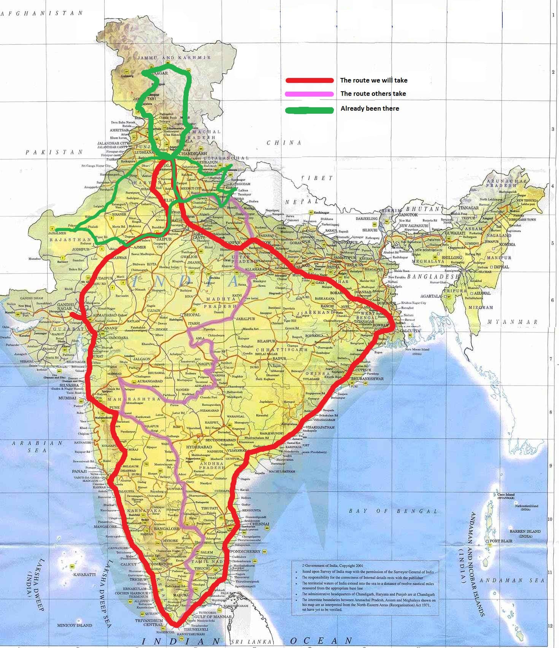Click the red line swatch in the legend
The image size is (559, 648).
tap(310, 80)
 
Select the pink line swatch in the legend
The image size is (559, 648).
tap(310, 94)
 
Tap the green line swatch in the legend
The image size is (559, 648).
tap(310, 110)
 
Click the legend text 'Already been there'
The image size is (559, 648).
tap(370, 108)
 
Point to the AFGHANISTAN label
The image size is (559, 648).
tap(42, 13)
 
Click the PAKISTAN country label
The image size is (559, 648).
tap(54, 152)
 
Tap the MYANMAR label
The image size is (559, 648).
tap(513, 322)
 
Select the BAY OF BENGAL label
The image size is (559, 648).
tap(393, 511)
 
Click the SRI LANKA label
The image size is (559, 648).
tap(251, 642)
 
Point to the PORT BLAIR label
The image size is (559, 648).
tap(501, 541)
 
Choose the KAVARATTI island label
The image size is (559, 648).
tap(84, 575)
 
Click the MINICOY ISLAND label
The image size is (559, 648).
tap(75, 625)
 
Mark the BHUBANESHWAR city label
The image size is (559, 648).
tap(367, 379)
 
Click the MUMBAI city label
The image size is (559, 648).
tap(67, 398)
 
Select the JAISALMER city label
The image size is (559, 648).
tap(58, 233)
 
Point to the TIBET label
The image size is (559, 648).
tap(317, 178)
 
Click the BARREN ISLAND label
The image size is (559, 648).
tap(525, 531)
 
